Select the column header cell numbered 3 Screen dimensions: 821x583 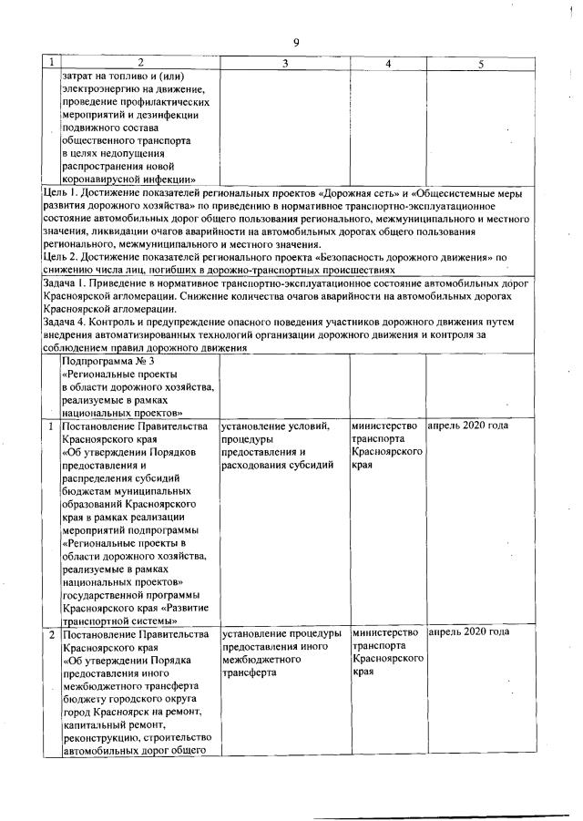pos(285,63)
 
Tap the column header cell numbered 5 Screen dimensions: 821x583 pos(480,63)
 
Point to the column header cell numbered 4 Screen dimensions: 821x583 pos(388,63)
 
